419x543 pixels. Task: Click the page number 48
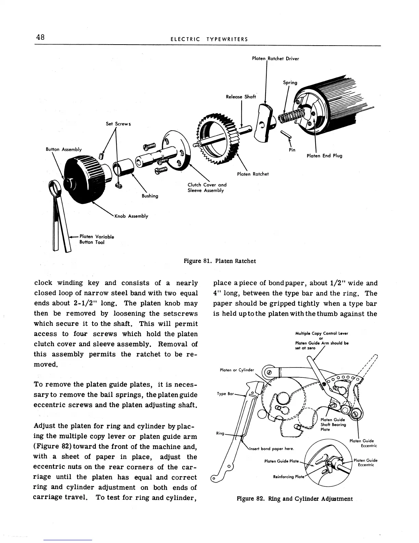coord(40,37)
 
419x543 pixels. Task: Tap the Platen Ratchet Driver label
coord(275,59)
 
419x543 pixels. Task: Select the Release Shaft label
coord(241,97)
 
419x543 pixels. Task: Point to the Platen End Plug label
coord(324,156)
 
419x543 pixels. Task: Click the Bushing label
coord(150,196)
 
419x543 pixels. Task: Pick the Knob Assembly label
coord(131,216)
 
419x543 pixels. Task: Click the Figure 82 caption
coord(295,499)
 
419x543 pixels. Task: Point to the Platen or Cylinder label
coord(237,370)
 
